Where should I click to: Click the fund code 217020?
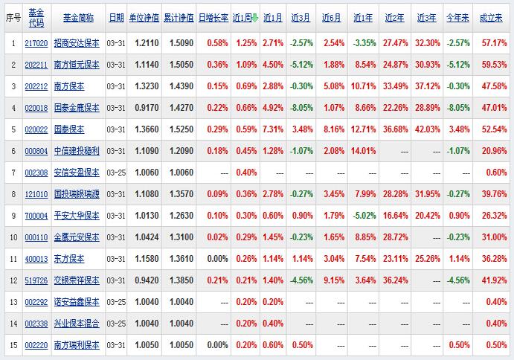click(36, 44)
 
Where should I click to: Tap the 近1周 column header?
click(242, 16)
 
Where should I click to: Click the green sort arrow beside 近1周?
click(255, 16)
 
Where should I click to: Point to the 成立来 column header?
click(494, 16)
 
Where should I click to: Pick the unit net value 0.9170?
click(145, 109)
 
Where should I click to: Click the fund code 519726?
click(36, 280)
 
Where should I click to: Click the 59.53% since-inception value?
click(494, 65)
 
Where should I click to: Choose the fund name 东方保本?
click(71, 259)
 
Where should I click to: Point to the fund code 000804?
click(36, 152)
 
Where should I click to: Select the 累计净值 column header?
click(179, 16)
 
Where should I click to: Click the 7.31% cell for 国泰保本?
click(273, 130)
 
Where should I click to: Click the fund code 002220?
click(36, 345)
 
